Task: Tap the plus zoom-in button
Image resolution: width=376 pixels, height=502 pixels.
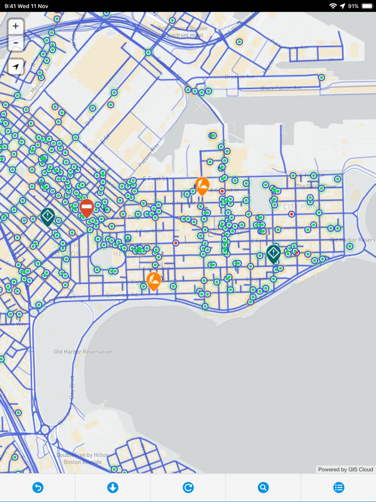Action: (x=16, y=26)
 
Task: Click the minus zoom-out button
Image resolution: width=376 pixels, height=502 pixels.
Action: (x=16, y=42)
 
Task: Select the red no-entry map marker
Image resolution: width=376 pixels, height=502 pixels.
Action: (x=86, y=207)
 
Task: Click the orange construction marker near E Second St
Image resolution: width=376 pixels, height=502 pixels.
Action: (x=202, y=186)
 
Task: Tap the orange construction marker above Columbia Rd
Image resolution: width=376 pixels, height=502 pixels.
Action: (x=154, y=281)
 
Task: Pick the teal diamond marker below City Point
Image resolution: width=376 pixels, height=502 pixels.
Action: (x=273, y=253)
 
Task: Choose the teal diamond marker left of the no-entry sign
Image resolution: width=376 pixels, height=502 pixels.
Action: (x=47, y=217)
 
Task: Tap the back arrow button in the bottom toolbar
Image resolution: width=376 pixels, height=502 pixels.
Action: (x=38, y=487)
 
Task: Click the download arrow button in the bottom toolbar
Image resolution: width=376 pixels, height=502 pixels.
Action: (x=113, y=487)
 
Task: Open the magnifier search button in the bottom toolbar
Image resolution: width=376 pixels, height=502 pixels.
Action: (x=263, y=487)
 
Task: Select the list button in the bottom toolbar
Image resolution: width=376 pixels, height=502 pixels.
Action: (x=338, y=487)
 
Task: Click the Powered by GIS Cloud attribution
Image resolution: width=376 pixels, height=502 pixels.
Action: (x=345, y=469)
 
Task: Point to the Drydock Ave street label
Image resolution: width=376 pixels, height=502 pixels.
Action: (x=240, y=76)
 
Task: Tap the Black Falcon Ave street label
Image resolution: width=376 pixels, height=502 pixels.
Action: (x=281, y=88)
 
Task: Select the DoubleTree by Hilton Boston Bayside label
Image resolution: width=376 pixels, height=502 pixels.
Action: (x=86, y=458)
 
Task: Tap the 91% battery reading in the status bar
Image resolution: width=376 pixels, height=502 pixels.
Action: (x=353, y=6)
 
